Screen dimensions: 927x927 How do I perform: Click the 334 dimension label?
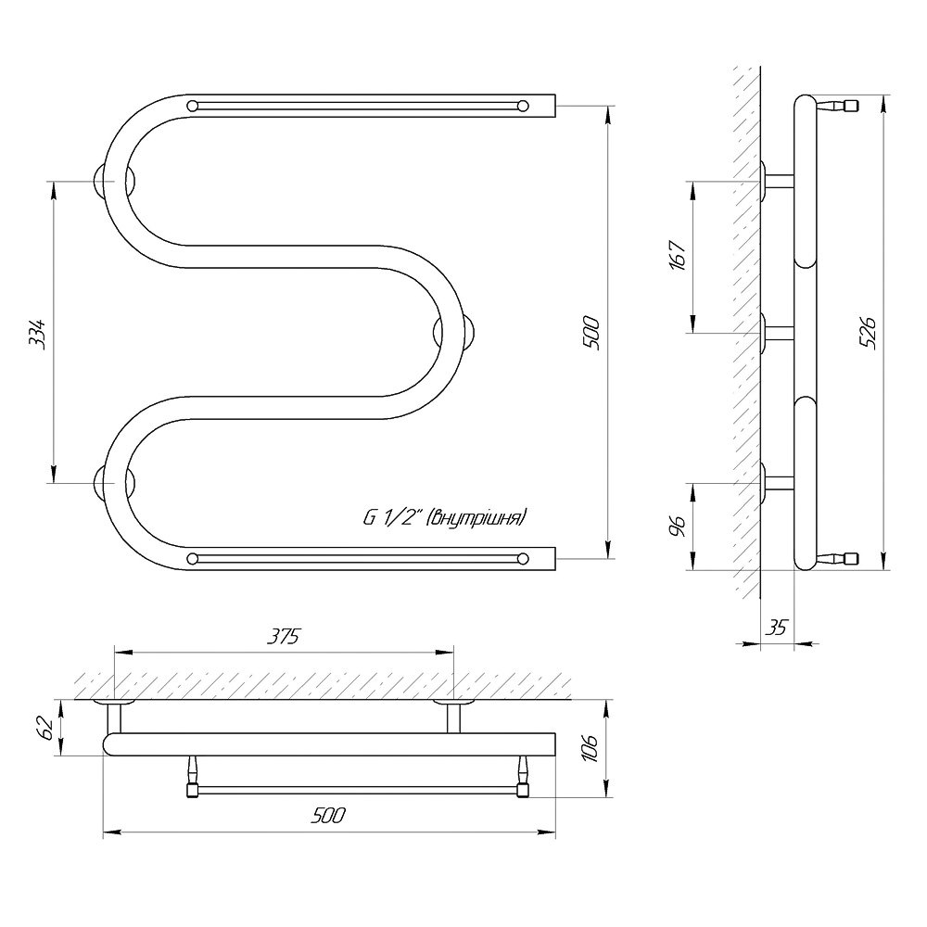point(37,335)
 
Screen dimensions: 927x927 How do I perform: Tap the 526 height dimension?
point(869,333)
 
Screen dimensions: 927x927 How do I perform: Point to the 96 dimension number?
point(679,526)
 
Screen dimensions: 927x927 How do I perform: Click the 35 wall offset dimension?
point(778,628)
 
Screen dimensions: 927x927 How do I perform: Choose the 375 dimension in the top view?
point(284,637)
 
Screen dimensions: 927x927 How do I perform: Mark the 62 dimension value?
point(46,727)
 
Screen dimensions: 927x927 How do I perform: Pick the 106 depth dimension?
point(591,748)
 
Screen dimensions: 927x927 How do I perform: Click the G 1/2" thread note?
point(444,518)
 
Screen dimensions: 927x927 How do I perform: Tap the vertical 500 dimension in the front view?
point(593,334)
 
